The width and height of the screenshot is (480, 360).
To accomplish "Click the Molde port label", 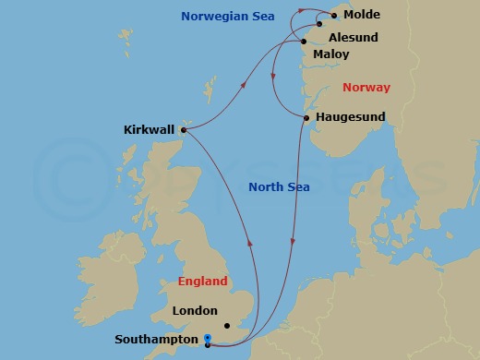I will (361, 16).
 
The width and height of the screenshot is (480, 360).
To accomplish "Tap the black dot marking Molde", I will (334, 16).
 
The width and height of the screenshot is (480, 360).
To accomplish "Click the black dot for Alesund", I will (319, 24).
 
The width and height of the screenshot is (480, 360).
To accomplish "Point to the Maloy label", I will (331, 54).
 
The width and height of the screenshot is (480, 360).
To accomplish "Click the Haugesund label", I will (350, 117).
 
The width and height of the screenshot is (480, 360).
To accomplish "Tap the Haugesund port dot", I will (306, 117).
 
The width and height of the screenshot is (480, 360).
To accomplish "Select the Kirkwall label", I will (150, 130).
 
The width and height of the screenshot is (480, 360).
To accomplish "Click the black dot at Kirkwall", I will (184, 130).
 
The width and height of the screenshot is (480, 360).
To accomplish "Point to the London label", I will (195, 311).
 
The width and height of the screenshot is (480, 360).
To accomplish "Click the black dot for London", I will (227, 325).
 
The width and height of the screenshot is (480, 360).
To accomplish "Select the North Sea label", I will (279, 187).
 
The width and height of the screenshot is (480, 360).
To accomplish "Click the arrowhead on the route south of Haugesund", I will (294, 242).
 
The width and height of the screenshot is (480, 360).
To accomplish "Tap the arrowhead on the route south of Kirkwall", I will (250, 243).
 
